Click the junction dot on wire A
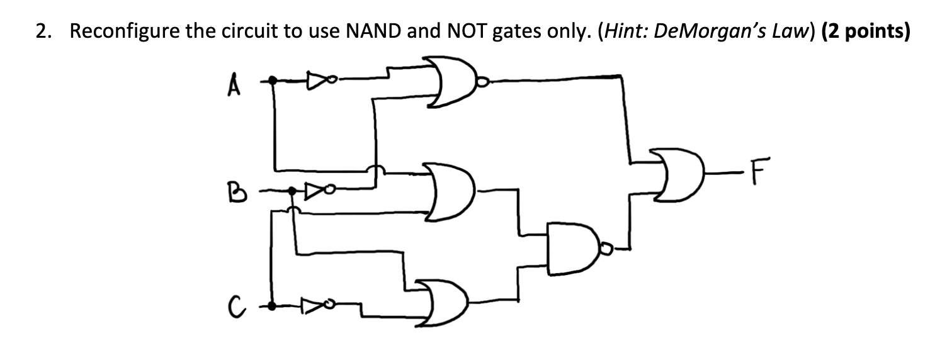(x=273, y=80)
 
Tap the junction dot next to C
(x=272, y=306)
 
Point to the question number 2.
(x=42, y=33)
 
